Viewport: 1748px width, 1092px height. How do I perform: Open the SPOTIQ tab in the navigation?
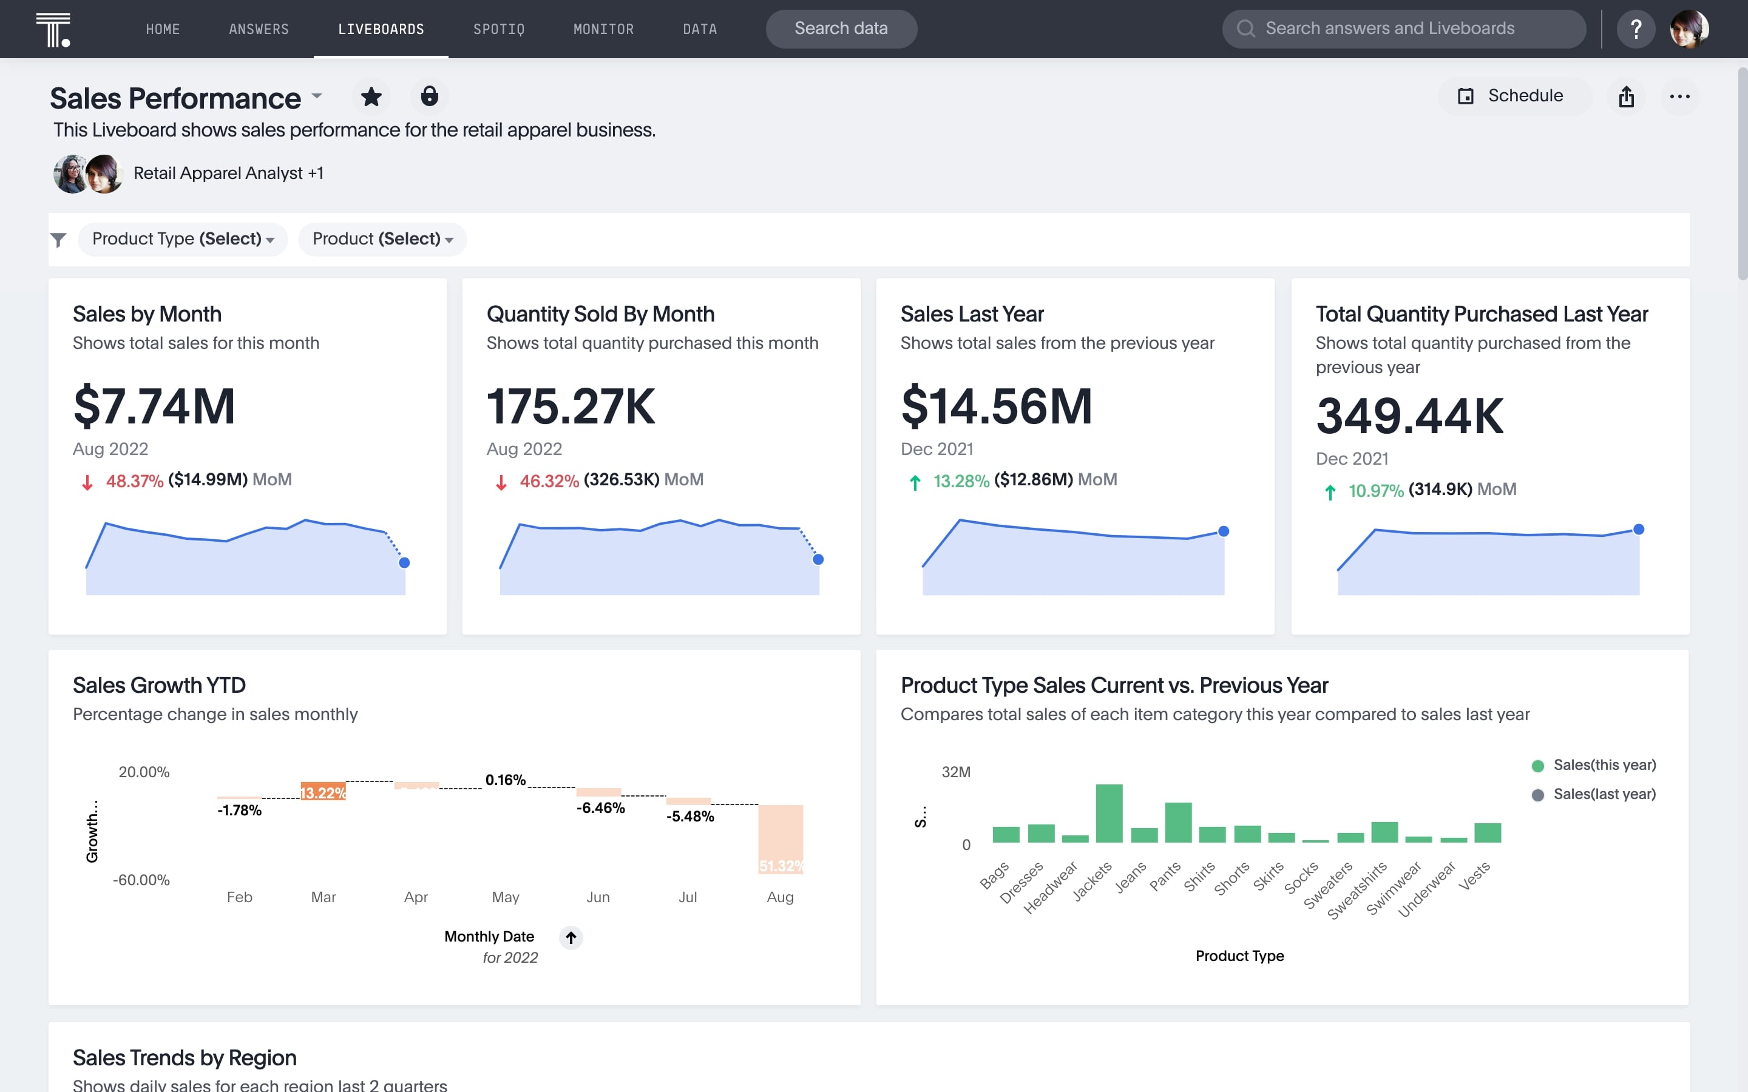click(498, 29)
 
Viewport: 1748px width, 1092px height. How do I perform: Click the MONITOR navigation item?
click(603, 29)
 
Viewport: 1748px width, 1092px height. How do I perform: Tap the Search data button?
click(841, 29)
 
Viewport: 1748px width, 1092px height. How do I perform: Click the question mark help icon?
click(1635, 29)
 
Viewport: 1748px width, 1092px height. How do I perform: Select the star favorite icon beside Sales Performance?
click(371, 97)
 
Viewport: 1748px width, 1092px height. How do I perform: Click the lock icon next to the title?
click(429, 97)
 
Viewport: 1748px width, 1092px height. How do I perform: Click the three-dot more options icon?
click(1679, 97)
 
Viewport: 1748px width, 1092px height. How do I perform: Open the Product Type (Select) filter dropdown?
click(183, 239)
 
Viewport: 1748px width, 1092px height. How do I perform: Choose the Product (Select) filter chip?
click(382, 239)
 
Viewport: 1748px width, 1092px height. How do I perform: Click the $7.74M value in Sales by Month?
click(154, 406)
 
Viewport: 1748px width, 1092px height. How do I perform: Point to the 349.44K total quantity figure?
click(1409, 417)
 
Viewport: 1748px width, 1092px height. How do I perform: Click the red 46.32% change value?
click(549, 481)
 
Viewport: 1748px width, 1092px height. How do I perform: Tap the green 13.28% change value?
click(961, 481)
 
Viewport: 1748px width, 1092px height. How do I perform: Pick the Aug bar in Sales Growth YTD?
click(780, 838)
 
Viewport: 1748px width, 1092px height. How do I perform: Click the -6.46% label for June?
click(600, 808)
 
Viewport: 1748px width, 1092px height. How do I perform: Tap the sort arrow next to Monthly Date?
click(571, 937)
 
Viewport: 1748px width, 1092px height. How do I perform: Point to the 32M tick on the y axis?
click(955, 772)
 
